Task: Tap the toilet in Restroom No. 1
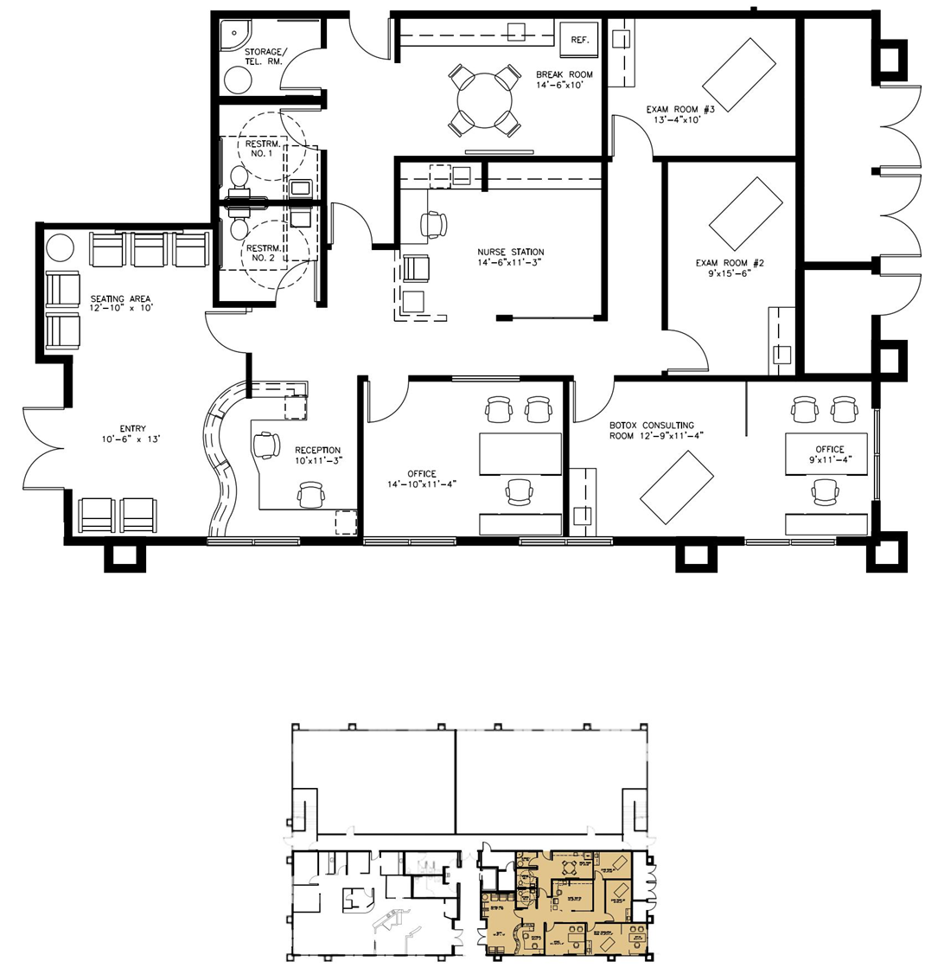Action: point(239,177)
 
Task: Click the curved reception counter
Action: point(222,458)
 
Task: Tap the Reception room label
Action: point(317,451)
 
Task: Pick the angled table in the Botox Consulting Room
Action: point(677,487)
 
